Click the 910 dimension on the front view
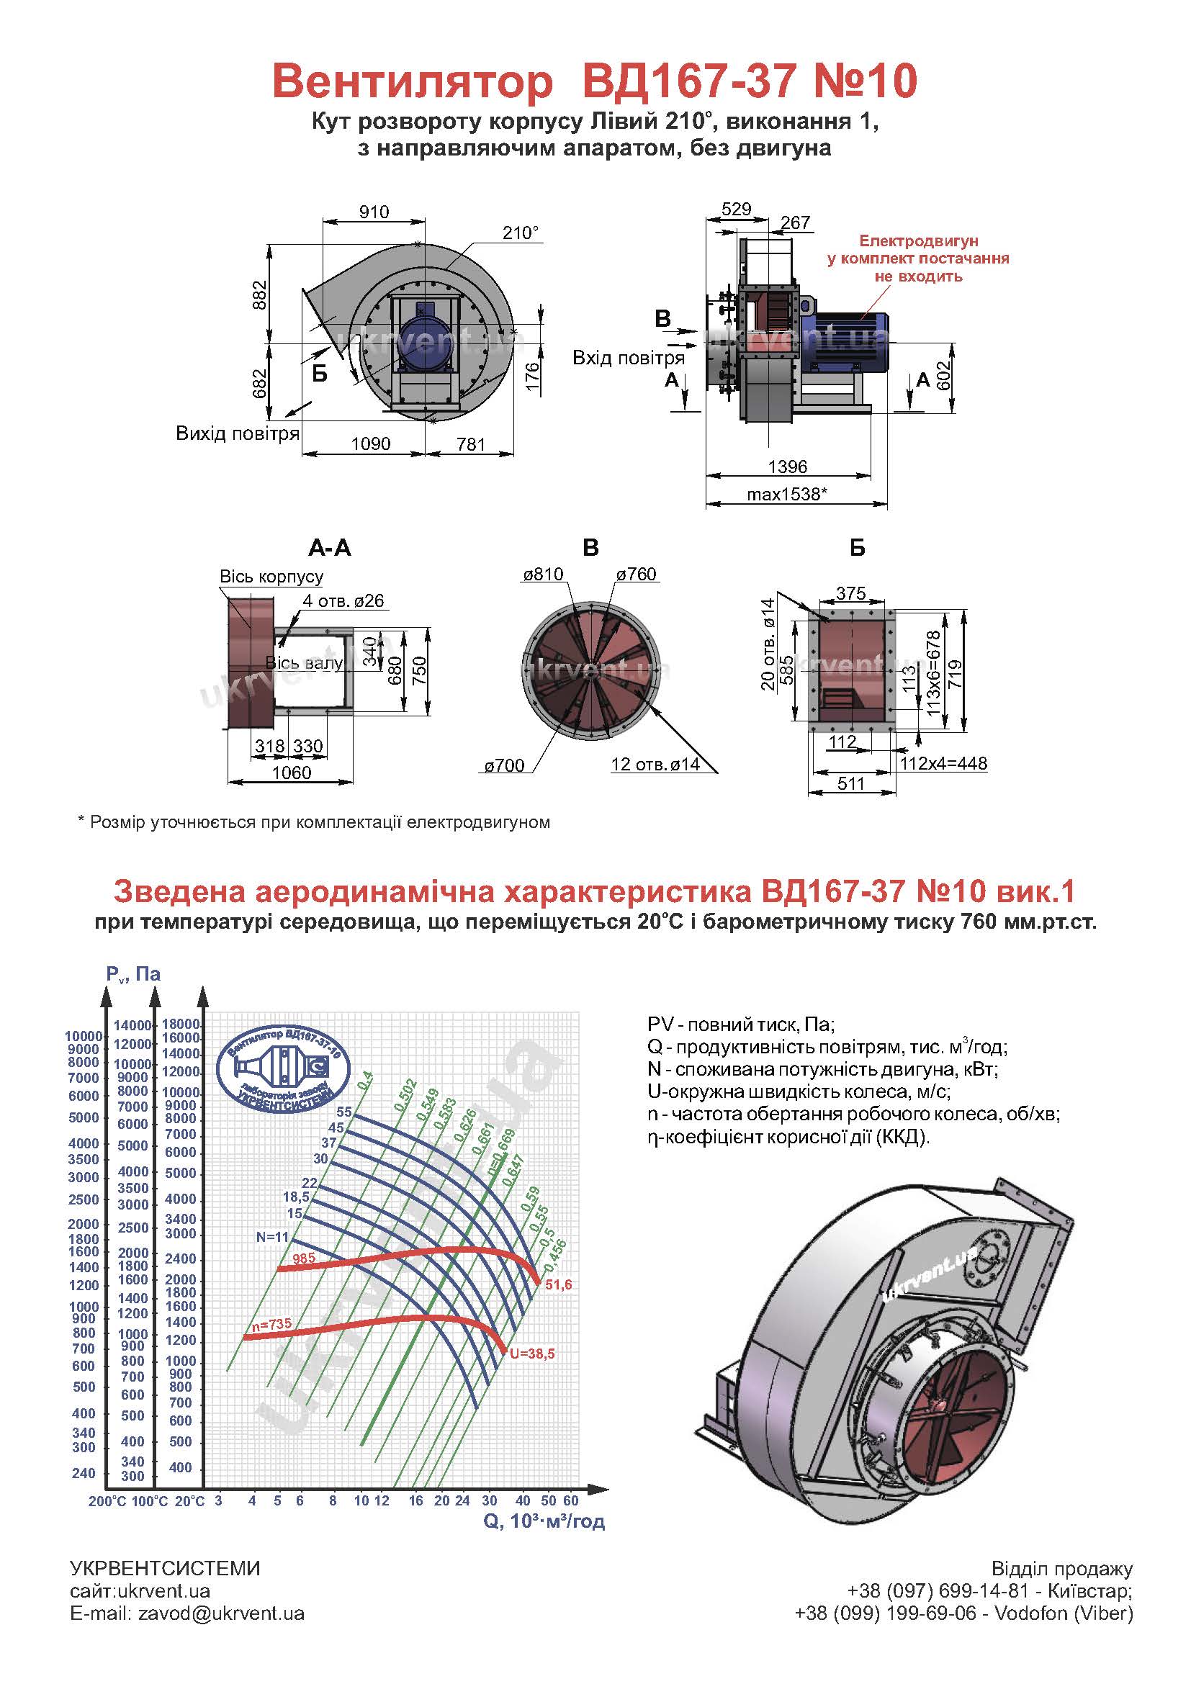(x=374, y=212)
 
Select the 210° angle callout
(x=521, y=233)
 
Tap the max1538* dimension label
(x=787, y=495)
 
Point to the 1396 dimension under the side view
(x=788, y=467)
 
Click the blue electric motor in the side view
(x=843, y=338)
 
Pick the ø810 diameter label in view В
(x=543, y=575)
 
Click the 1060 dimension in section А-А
(x=291, y=773)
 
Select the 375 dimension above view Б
(x=850, y=593)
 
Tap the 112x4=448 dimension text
(x=944, y=763)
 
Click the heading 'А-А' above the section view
(x=330, y=548)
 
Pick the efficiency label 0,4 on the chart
(x=365, y=1080)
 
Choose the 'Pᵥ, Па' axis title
(x=133, y=974)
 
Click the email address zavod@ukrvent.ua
(x=221, y=1613)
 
